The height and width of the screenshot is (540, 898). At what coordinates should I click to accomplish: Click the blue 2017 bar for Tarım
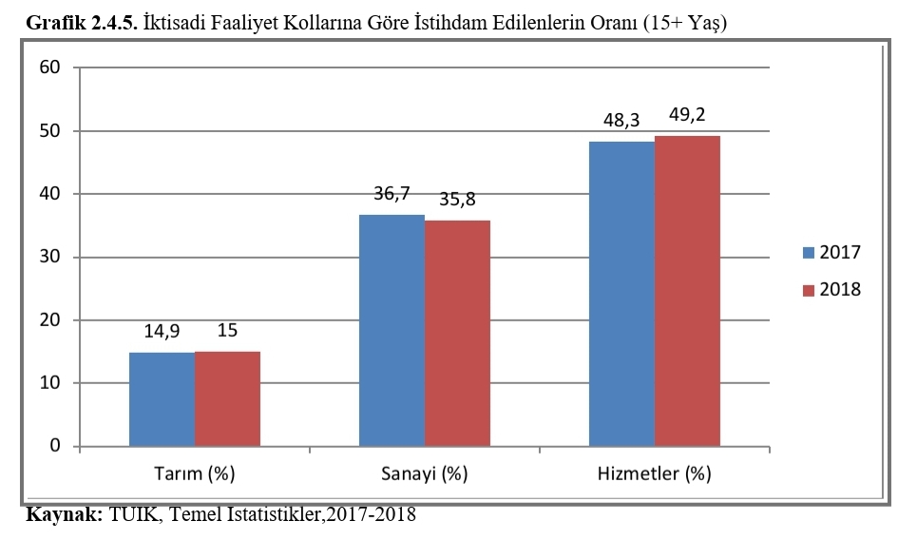pyautogui.click(x=162, y=399)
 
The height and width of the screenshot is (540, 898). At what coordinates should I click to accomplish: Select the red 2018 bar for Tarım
pyautogui.click(x=227, y=398)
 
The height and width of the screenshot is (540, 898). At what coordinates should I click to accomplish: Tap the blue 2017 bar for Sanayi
pyautogui.click(x=392, y=331)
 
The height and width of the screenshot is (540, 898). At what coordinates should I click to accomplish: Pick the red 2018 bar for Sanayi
pyautogui.click(x=457, y=334)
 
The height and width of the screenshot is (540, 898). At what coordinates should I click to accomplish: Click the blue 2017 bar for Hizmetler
pyautogui.click(x=621, y=294)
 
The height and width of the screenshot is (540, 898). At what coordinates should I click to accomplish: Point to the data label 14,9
pyautogui.click(x=162, y=332)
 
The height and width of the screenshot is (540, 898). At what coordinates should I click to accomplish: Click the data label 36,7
pyautogui.click(x=392, y=194)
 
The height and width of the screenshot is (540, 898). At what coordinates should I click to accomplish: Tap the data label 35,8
pyautogui.click(x=458, y=201)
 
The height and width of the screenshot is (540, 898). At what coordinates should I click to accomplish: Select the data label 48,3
pyautogui.click(x=622, y=121)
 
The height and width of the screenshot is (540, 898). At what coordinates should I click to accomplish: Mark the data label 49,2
pyautogui.click(x=687, y=115)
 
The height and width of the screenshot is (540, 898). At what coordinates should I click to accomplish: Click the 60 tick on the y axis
pyautogui.click(x=50, y=67)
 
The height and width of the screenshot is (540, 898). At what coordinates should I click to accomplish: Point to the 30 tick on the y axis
pyautogui.click(x=50, y=257)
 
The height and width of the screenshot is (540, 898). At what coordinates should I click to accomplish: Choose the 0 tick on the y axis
pyautogui.click(x=55, y=446)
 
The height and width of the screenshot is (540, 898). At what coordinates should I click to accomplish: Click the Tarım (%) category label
pyautogui.click(x=194, y=472)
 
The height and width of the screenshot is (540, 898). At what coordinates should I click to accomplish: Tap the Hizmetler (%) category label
pyautogui.click(x=654, y=472)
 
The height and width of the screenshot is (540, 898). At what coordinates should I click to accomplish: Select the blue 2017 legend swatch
pyautogui.click(x=809, y=253)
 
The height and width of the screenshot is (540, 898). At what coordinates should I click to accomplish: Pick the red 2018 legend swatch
pyautogui.click(x=809, y=290)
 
